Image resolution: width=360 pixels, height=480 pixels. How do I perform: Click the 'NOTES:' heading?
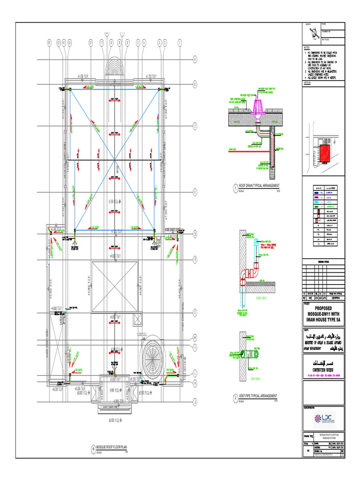307,48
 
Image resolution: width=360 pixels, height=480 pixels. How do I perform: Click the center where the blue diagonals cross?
115,160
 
